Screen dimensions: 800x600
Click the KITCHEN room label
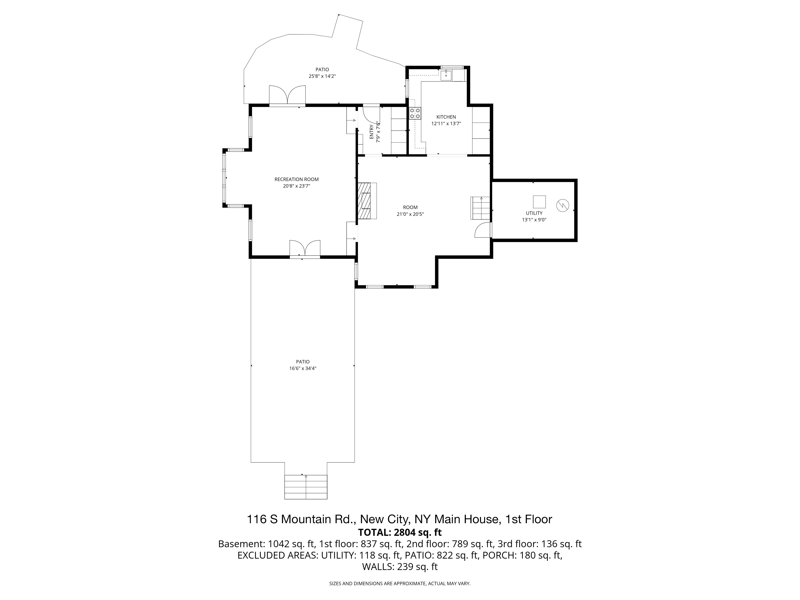click(x=446, y=117)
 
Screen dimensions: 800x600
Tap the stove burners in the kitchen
click(x=415, y=113)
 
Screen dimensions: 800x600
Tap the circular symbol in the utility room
click(x=562, y=206)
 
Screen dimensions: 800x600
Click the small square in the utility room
click(x=539, y=201)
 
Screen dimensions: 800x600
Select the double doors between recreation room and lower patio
click(x=305, y=248)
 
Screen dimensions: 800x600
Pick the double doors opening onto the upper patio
click(x=287, y=95)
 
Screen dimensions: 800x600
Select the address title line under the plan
click(x=400, y=519)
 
